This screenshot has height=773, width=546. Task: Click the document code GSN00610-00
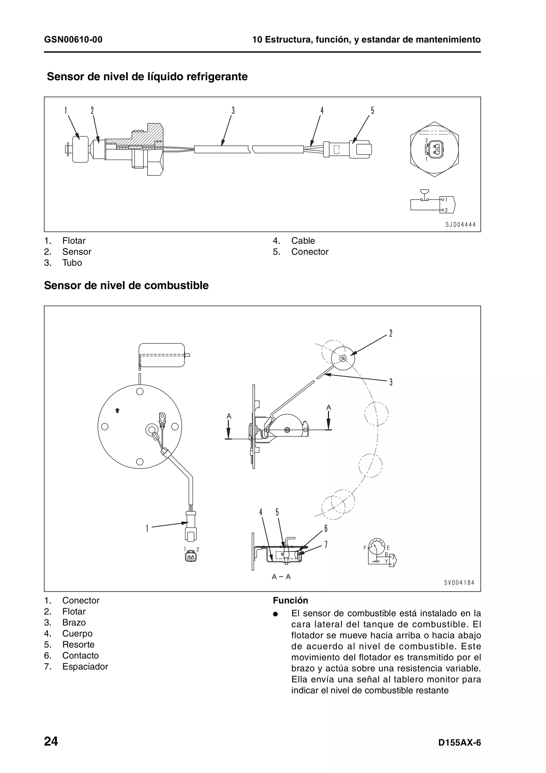73,40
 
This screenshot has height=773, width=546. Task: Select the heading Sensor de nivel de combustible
126,285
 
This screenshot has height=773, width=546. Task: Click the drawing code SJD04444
460,225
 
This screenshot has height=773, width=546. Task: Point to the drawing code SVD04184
459,583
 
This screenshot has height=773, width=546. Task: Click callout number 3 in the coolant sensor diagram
233,111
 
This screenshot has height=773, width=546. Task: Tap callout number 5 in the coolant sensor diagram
372,111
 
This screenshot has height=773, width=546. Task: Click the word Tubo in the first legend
72,263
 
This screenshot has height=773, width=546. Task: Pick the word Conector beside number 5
310,252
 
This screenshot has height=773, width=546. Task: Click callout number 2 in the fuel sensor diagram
391,333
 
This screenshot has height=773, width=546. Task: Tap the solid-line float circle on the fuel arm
343,358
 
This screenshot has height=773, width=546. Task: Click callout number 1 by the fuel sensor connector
147,528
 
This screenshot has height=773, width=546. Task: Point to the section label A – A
281,577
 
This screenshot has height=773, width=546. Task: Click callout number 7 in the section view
326,544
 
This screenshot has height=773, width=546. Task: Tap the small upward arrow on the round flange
117,410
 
